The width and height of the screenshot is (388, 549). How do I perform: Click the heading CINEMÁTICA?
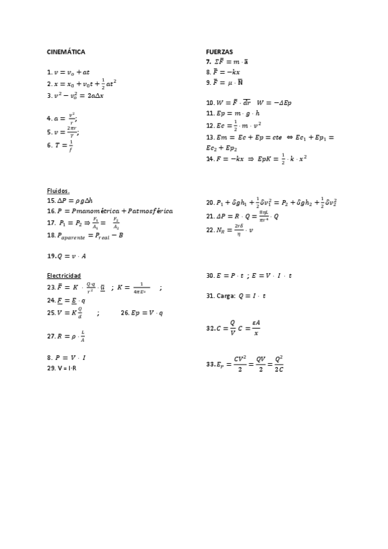click(66, 51)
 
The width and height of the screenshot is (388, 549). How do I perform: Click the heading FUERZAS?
click(220, 51)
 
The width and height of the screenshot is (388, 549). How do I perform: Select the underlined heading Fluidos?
click(58, 191)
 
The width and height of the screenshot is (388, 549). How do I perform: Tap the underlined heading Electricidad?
click(63, 275)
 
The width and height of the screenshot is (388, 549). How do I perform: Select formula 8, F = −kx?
click(223, 72)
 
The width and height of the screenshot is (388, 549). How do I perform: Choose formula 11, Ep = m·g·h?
click(233, 113)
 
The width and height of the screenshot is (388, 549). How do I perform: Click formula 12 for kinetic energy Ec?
click(234, 124)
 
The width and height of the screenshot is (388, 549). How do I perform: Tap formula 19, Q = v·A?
click(67, 256)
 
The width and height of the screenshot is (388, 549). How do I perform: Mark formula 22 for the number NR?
click(230, 229)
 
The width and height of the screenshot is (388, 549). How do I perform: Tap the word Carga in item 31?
click(226, 296)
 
